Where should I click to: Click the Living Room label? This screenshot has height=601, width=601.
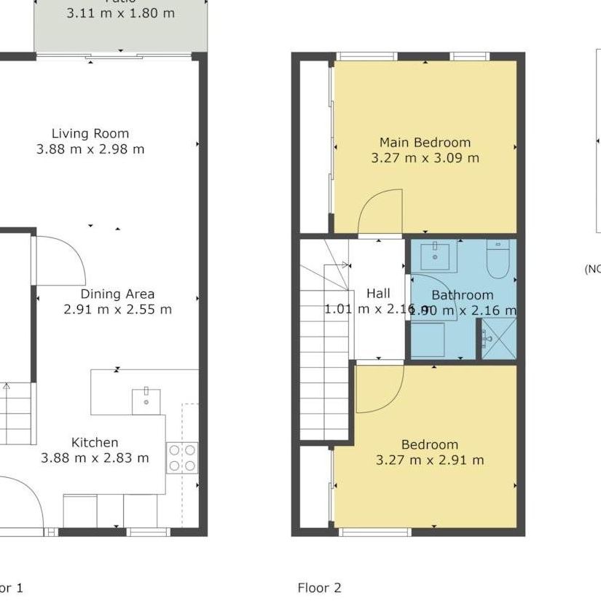point(90,133)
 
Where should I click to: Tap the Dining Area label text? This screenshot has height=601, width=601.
point(117,294)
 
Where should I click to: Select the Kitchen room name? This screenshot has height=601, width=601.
point(95,442)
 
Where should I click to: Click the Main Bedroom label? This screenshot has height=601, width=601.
point(425,142)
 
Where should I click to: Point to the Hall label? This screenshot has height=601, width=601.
point(378,294)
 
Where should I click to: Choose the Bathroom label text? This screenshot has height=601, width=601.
point(462,295)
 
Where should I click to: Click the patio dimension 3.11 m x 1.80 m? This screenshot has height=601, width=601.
point(120,12)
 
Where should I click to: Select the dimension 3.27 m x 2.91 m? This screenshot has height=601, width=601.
point(429,460)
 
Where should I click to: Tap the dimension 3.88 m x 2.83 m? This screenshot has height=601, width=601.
point(95,458)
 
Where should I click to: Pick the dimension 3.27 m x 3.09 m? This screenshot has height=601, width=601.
point(425,158)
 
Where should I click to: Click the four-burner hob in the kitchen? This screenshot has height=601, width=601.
point(182,457)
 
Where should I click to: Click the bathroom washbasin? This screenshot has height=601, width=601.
point(435,252)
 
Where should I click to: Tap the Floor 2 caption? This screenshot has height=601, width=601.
point(319,587)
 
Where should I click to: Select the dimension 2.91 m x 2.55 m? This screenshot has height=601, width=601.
point(117,310)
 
